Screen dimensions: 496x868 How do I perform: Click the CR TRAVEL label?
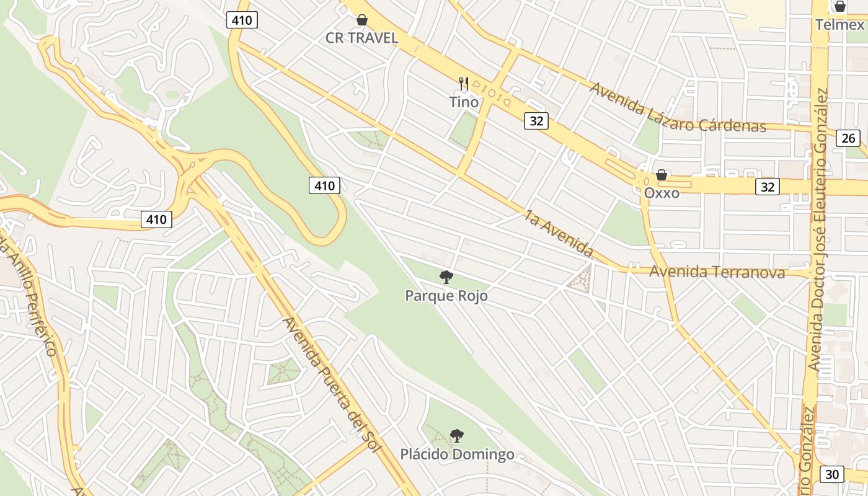coord(362,38)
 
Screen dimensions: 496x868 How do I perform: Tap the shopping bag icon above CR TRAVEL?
coord(362,20)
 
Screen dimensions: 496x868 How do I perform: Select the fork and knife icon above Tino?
coord(464,83)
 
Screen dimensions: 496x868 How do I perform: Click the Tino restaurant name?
coord(464,102)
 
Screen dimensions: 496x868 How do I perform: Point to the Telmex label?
coord(839,25)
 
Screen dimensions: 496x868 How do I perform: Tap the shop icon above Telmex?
coord(839,7)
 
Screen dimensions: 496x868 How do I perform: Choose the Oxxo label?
coord(662,193)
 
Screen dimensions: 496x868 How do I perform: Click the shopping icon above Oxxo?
coord(662,175)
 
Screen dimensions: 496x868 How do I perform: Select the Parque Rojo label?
coord(446,296)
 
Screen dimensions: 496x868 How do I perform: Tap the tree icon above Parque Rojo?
coord(446,277)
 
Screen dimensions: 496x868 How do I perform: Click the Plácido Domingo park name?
coord(457,454)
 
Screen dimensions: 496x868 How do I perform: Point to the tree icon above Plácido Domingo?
coord(456,436)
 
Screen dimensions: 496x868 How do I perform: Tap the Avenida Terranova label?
coord(717,272)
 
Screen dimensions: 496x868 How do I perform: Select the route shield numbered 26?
coord(848,138)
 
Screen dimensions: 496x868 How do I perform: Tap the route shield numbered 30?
coord(831,474)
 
